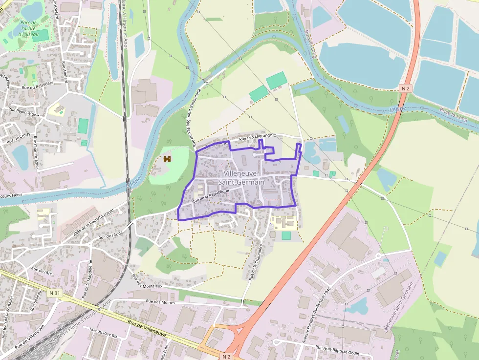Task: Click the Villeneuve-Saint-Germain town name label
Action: (243, 178)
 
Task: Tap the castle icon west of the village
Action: (167, 159)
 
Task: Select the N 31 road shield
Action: (55, 293)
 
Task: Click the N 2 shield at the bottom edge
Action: (225, 356)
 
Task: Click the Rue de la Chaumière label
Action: (253, 262)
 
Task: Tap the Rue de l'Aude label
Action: (110, 234)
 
